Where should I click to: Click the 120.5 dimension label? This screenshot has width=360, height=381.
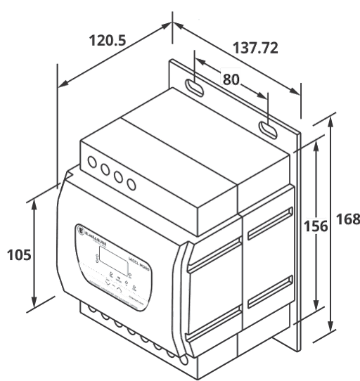(x=108, y=41)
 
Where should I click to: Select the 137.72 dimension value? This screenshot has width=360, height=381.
(x=255, y=48)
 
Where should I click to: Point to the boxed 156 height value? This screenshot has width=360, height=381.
(x=315, y=226)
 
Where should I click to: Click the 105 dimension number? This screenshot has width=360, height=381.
(x=18, y=254)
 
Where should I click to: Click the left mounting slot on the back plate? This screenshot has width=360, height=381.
(x=194, y=88)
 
